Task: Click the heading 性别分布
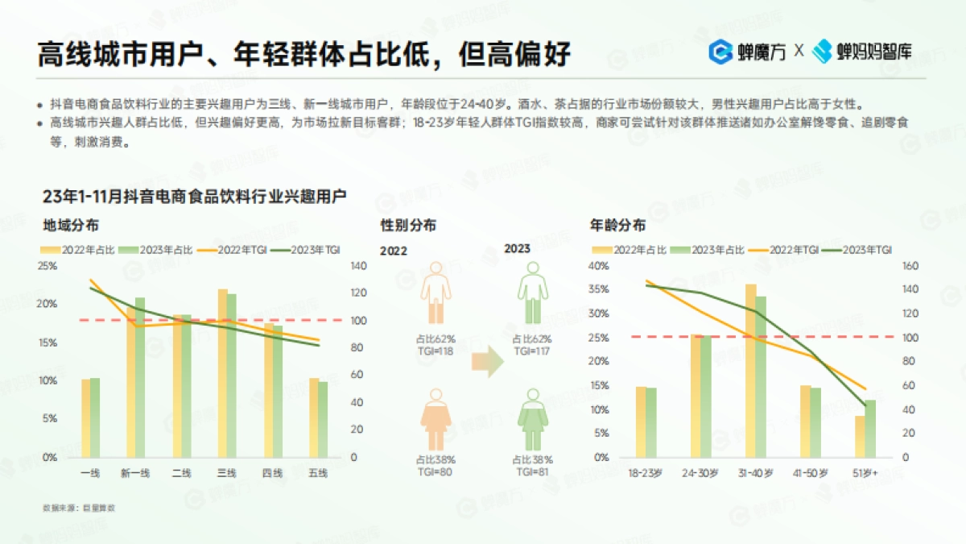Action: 409,226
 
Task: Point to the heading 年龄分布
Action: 617,226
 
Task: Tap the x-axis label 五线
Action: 318,473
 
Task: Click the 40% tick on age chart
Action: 601,266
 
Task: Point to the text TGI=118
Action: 435,351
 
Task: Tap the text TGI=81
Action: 532,471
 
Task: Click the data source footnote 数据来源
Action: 79,508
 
